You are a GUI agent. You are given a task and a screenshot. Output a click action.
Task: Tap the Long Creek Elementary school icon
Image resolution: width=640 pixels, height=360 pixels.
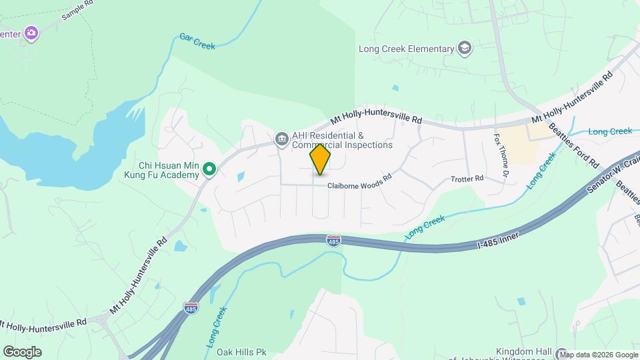464,48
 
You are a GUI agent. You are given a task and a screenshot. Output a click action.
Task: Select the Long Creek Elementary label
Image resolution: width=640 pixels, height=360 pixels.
406,49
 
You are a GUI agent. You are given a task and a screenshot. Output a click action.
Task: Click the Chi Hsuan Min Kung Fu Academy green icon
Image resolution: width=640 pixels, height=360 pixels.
209,170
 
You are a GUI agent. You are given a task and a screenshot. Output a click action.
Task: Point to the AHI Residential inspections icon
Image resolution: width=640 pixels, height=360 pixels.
281,139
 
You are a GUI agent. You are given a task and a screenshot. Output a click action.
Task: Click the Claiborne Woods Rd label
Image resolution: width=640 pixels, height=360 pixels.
358,187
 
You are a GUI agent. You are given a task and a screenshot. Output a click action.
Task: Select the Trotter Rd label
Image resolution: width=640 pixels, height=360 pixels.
467,179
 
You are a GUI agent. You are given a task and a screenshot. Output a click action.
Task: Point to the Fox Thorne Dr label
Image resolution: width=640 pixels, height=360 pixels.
501,154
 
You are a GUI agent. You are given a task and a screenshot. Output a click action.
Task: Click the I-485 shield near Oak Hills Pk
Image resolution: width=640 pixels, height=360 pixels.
190,308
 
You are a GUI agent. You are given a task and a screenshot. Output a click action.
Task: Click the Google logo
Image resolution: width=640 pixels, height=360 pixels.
22,352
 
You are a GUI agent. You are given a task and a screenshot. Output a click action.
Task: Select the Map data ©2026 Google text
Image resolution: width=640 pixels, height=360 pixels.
598,355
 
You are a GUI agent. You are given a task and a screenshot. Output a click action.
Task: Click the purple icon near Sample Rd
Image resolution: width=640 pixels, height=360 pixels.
31,33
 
